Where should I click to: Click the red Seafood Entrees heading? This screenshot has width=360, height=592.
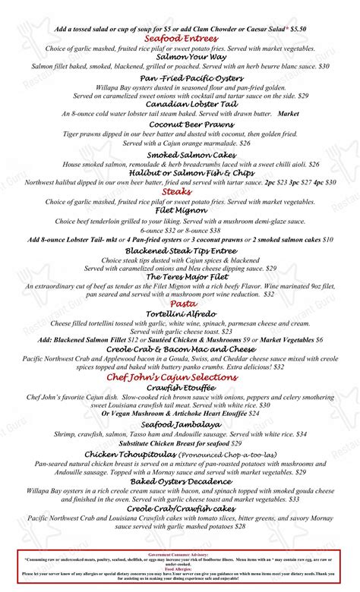(179, 38)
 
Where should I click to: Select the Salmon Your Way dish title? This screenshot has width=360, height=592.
(179, 56)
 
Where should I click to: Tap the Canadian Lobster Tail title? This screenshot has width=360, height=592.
(179, 104)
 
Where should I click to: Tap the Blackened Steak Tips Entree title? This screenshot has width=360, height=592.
(179, 250)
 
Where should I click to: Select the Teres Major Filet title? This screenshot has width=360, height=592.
(181, 276)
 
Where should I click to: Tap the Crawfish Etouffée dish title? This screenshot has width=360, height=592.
(179, 387)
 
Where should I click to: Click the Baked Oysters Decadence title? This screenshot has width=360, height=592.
(179, 481)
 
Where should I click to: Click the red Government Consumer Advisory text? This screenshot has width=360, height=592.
(179, 555)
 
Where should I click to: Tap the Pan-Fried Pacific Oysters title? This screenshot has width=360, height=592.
(179, 78)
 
